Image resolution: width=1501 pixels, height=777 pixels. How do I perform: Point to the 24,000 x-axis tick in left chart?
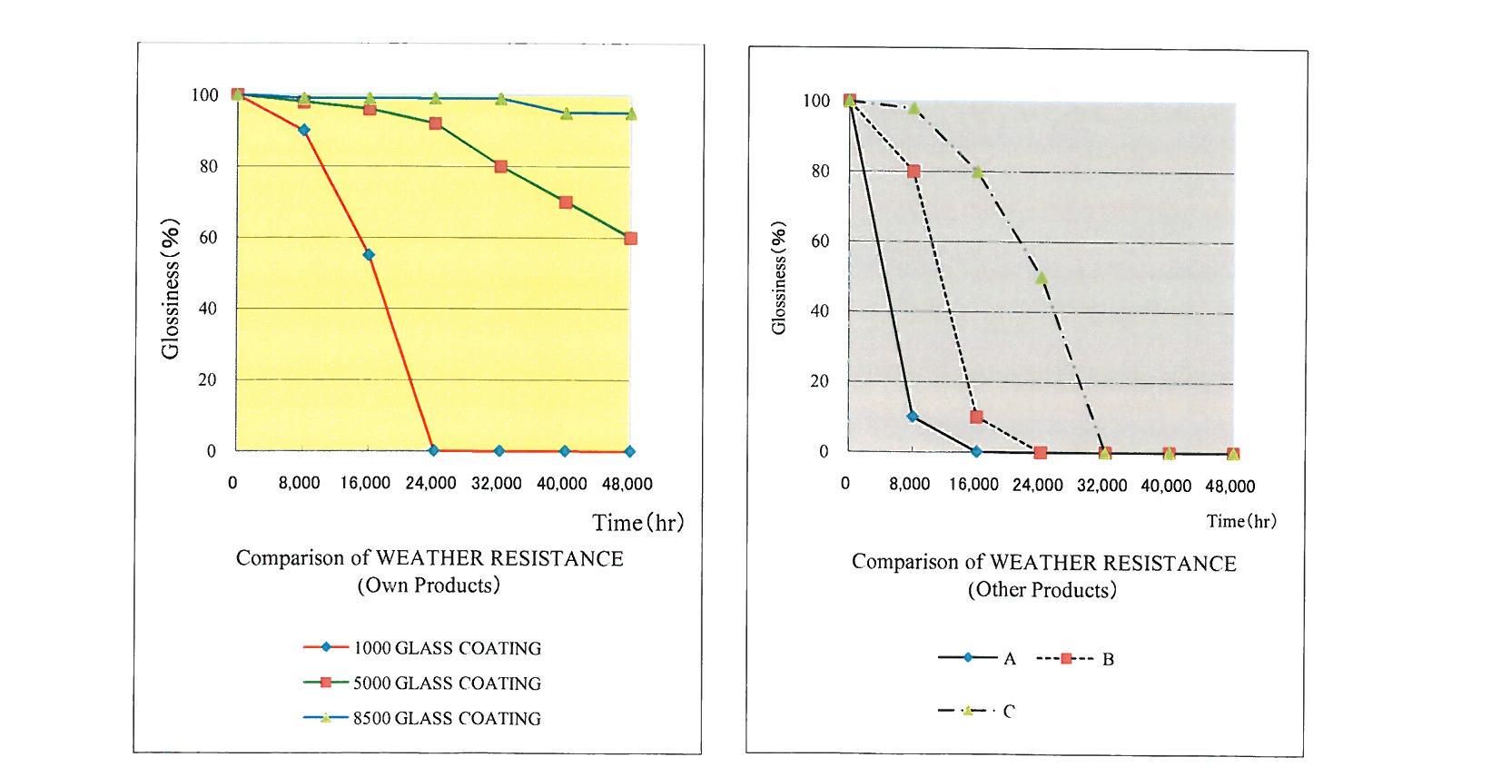pos(431,483)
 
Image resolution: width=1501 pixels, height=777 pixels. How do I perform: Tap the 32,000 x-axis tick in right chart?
pos(1102,486)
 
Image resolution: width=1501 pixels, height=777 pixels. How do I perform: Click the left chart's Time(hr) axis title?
pos(637,523)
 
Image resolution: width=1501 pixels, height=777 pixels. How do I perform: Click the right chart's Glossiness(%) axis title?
pos(778,278)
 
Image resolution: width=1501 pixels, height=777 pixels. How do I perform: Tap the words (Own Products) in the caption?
pos(429,585)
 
